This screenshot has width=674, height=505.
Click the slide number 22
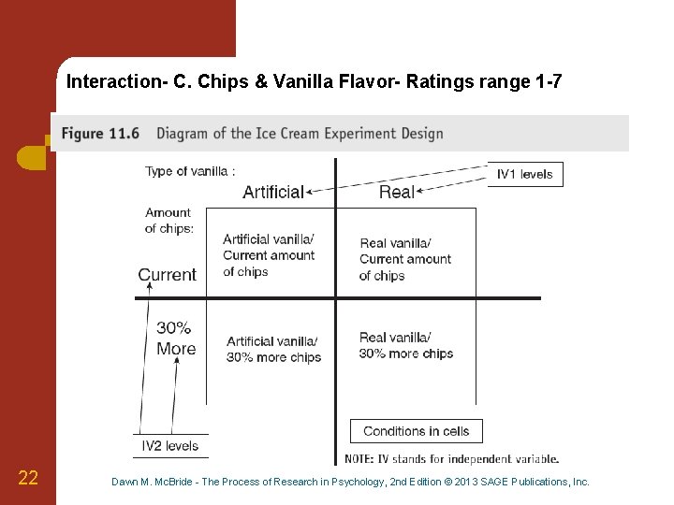pyautogui.click(x=28, y=479)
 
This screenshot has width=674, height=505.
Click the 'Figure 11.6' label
pyautogui.click(x=101, y=133)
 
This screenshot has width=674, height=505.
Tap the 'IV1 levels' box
pyautogui.click(x=525, y=174)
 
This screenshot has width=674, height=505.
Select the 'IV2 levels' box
pyautogui.click(x=170, y=446)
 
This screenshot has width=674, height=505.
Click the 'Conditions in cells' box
pyautogui.click(x=416, y=431)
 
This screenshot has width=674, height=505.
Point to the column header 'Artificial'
pyautogui.click(x=273, y=192)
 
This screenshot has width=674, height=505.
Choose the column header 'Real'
pyautogui.click(x=397, y=192)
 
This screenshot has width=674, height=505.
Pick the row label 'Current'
pyautogui.click(x=168, y=275)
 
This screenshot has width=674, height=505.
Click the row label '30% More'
pyautogui.click(x=176, y=339)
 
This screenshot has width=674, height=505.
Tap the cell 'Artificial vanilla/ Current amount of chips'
pyautogui.click(x=269, y=255)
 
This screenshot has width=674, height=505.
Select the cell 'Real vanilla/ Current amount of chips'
pyautogui.click(x=405, y=259)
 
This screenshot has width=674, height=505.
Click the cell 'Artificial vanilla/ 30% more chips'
pyautogui.click(x=273, y=349)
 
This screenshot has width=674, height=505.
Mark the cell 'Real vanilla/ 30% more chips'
pyautogui.click(x=406, y=345)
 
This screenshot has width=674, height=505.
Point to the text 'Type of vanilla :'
pyautogui.click(x=190, y=171)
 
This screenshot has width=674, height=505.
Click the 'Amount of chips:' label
pyautogui.click(x=168, y=221)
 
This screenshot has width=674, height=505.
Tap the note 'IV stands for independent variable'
pyautogui.click(x=452, y=459)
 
